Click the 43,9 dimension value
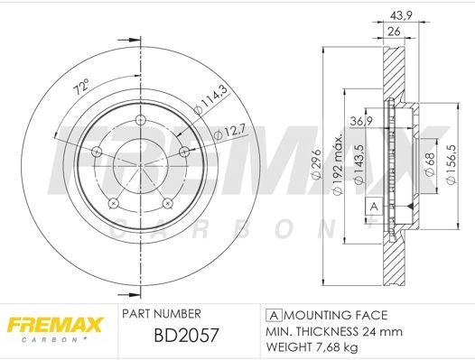point(400,15)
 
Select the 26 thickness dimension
point(394,32)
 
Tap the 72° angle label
point(82,87)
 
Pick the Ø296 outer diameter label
point(316,164)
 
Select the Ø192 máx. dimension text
point(338,163)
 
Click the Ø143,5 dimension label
point(359,164)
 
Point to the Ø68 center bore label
point(430,163)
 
